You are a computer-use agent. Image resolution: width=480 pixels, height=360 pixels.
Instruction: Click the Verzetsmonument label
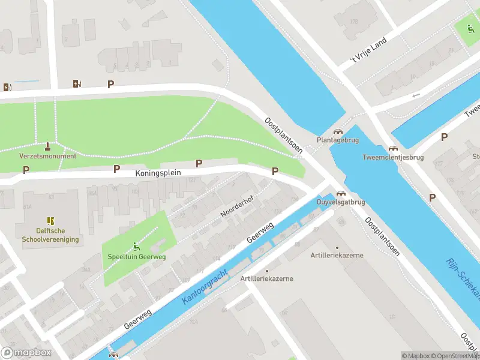(x=48, y=156)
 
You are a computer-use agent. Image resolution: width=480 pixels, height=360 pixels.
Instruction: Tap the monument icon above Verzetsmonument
(x=48, y=146)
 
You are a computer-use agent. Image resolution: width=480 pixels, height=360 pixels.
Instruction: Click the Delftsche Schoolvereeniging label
(x=50, y=235)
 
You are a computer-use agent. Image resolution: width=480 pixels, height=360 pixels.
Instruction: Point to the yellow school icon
(x=50, y=221)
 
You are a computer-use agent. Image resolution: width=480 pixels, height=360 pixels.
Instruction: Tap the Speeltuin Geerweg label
(x=137, y=256)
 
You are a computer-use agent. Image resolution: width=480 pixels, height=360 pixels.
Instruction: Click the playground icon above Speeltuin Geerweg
(x=137, y=245)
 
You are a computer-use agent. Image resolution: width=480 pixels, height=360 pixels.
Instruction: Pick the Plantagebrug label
(x=337, y=141)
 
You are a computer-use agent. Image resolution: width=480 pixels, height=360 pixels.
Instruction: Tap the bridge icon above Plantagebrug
(x=337, y=131)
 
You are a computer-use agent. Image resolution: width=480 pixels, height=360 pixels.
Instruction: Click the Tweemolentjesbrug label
(x=393, y=158)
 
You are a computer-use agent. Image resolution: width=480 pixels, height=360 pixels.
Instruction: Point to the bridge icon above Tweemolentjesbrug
(x=393, y=148)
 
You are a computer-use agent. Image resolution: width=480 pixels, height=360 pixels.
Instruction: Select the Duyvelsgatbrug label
(x=341, y=202)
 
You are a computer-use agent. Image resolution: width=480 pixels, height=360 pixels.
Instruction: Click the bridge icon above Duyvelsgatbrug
(x=341, y=193)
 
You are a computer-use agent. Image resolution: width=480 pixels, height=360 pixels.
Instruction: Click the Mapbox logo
(x=26, y=353)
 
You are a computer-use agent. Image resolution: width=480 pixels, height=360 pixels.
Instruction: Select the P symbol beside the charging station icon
(x=110, y=85)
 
